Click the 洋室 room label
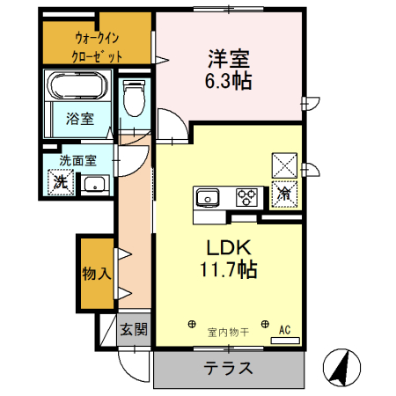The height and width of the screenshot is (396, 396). click(x=230, y=59)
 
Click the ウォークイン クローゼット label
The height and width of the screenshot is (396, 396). click(x=97, y=47)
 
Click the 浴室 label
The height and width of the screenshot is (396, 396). click(x=80, y=119)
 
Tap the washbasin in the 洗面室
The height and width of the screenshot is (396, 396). click(x=93, y=186)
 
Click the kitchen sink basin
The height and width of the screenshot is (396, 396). click(x=209, y=195)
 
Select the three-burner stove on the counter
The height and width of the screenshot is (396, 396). click(x=246, y=195)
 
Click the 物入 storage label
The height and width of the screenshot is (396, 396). click(x=97, y=273)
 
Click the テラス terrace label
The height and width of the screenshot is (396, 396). click(x=229, y=368)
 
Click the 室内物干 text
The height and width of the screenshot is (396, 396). click(x=228, y=332)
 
